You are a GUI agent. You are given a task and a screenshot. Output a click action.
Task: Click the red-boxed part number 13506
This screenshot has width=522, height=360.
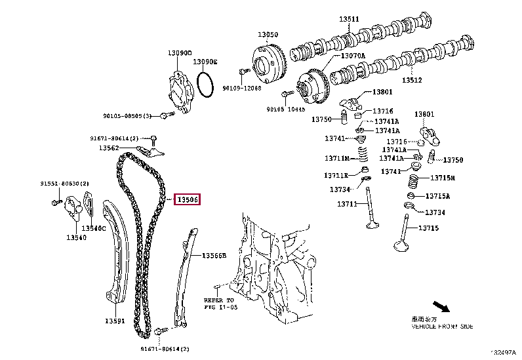187,199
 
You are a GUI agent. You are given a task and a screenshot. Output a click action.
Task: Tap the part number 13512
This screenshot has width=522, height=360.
412,81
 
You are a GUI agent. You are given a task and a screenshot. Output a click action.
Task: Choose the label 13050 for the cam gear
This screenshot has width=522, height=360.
268,34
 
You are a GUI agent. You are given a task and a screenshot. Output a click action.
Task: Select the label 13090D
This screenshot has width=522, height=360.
179,52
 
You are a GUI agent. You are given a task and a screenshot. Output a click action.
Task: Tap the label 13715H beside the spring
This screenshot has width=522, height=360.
443,178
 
